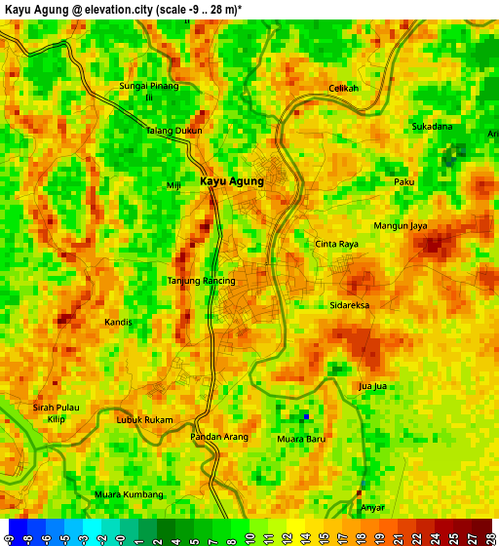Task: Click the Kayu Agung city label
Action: [x=232, y=181]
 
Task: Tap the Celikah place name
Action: [x=343, y=89]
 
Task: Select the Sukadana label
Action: [x=432, y=127]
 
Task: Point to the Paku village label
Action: [x=404, y=182]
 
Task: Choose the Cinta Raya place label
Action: [x=337, y=244]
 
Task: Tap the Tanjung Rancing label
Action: [x=202, y=281]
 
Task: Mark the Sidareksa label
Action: [x=350, y=305]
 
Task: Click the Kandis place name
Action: [x=118, y=321]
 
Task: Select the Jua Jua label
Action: [x=373, y=386]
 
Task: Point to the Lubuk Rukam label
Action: [x=145, y=420]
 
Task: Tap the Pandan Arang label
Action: [x=219, y=437]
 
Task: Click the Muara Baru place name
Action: [x=301, y=439]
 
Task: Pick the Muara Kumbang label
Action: [x=129, y=494]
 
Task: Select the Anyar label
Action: [x=373, y=507]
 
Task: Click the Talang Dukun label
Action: [x=174, y=131]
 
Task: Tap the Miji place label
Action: [x=174, y=185]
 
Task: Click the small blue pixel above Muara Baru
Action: [x=306, y=416]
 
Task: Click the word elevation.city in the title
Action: [x=115, y=9]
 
